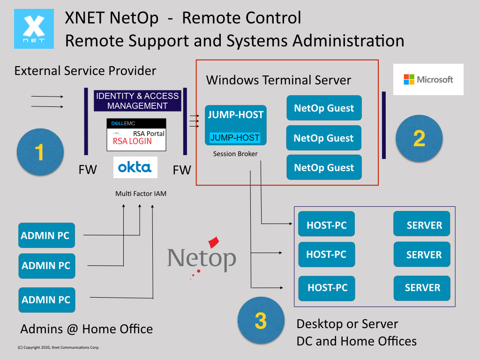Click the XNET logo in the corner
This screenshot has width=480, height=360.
[x=34, y=29]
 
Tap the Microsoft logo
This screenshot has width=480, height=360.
[x=428, y=79]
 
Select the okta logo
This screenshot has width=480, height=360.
[x=135, y=167]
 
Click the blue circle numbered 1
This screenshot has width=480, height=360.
[x=40, y=152]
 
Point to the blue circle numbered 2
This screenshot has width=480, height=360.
[x=419, y=138]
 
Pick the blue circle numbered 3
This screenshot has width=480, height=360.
[x=261, y=320]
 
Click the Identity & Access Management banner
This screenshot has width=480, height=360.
[x=137, y=101]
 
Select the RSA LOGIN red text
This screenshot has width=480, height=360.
[x=132, y=141]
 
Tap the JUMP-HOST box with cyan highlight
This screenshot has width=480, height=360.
[x=235, y=125]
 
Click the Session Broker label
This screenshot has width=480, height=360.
[x=235, y=154]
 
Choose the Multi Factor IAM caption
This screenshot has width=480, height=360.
[x=141, y=194]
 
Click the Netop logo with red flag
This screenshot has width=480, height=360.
[x=202, y=258]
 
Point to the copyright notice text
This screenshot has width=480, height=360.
[x=59, y=347]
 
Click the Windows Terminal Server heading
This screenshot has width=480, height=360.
[x=278, y=80]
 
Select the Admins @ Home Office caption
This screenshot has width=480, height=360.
[x=86, y=329]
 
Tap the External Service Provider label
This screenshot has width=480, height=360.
[x=85, y=71]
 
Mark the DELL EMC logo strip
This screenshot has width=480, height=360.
[x=136, y=123]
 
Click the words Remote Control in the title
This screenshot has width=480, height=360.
[x=241, y=18]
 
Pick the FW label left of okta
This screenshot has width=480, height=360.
[x=88, y=170]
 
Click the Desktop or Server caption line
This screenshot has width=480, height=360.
[x=347, y=324]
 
